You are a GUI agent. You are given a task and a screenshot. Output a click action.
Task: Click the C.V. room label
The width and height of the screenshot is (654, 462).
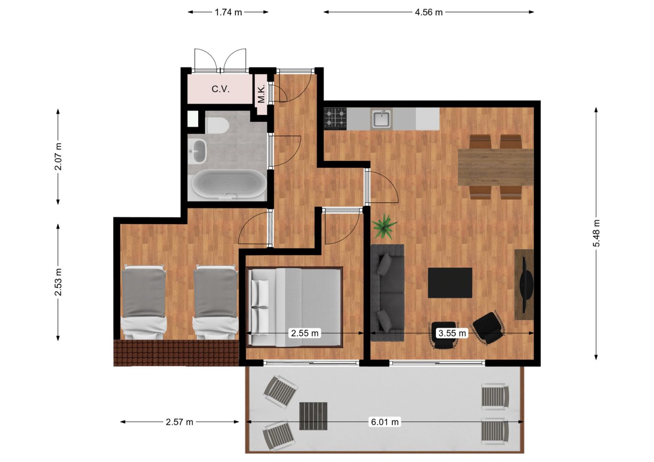pyautogui.click(x=221, y=89)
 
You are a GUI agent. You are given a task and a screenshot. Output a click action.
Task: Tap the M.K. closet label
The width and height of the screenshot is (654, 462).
pyautogui.click(x=261, y=94)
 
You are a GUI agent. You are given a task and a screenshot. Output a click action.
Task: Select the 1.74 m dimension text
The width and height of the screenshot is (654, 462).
pyautogui.click(x=228, y=12)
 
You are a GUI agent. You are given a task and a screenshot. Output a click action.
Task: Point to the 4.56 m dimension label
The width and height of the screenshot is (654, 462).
pyautogui.click(x=429, y=12)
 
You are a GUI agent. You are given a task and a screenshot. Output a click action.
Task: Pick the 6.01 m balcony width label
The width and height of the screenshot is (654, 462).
pyautogui.click(x=385, y=422)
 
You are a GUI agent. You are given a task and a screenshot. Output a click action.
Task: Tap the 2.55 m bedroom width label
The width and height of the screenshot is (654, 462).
pyautogui.click(x=305, y=333)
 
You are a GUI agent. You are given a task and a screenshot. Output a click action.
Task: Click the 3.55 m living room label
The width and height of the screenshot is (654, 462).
pyautogui.click(x=452, y=333)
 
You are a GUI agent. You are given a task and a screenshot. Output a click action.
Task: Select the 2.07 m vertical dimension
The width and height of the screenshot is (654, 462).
pyautogui.click(x=58, y=156)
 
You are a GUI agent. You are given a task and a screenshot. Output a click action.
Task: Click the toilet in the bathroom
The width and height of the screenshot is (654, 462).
pyautogui.click(x=217, y=125)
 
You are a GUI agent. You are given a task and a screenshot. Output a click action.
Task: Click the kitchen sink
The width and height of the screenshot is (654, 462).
pyautogui.click(x=381, y=119)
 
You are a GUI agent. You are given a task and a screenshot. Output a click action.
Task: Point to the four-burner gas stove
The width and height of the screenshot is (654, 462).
pyautogui.click(x=335, y=119)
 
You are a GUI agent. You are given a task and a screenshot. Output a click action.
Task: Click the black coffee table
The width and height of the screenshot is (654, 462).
pyautogui.click(x=450, y=283)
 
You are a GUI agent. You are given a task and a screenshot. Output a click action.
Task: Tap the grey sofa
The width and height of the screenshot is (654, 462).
pyautogui.click(x=387, y=293)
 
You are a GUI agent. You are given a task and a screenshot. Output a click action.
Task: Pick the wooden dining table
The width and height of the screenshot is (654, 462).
pyautogui.click(x=496, y=167)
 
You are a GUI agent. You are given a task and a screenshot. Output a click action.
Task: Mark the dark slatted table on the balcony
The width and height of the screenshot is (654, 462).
pyautogui.click(x=313, y=416)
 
